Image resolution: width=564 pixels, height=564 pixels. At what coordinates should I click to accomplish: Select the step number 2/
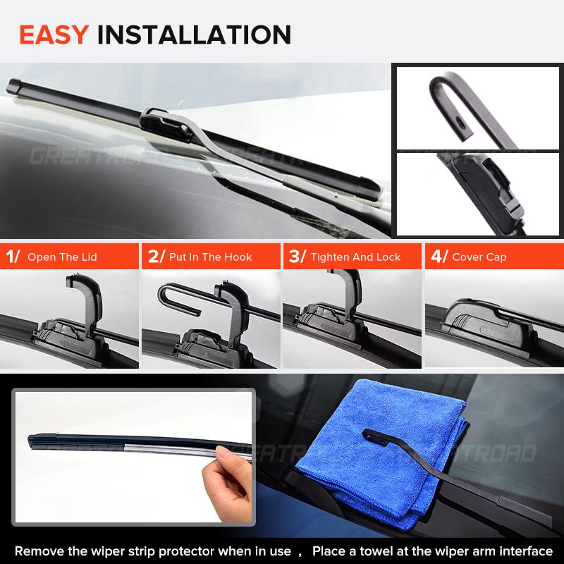pyautogui.click(x=154, y=257)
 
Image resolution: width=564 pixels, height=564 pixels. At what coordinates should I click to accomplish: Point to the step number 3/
pyautogui.click(x=296, y=257)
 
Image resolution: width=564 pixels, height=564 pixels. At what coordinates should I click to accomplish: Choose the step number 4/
pyautogui.click(x=438, y=257)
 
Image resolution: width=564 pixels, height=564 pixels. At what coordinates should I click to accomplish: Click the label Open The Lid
pyautogui.click(x=62, y=257)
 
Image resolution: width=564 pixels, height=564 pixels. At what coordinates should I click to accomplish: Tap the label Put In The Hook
pyautogui.click(x=210, y=257)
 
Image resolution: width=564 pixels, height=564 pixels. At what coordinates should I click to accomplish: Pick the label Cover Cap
pyautogui.click(x=479, y=257)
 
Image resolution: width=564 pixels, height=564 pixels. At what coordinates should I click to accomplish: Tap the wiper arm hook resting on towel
pyautogui.click(x=377, y=437)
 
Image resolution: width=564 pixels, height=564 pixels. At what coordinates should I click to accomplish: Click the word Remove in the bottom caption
pyautogui.click(x=38, y=551)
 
